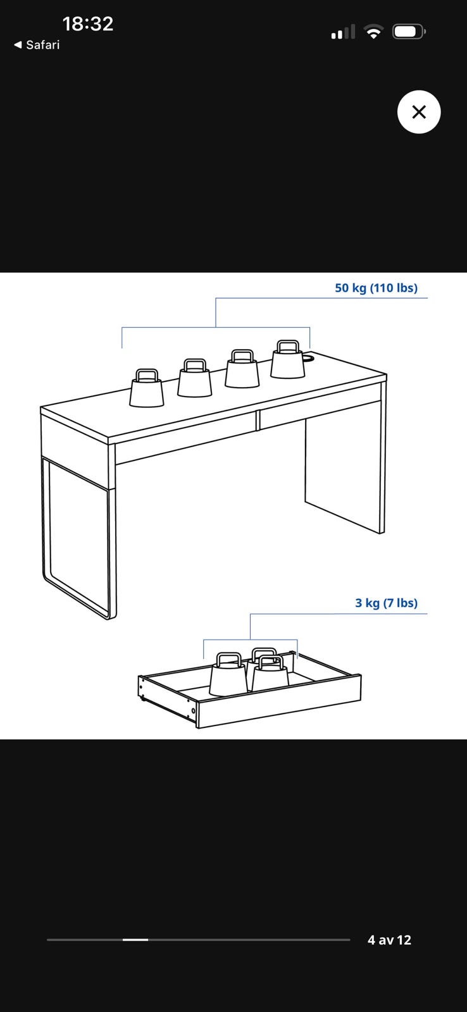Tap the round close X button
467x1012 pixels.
tap(419, 111)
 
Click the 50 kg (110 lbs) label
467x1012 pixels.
tap(376, 288)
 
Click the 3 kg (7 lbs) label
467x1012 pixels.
tap(386, 603)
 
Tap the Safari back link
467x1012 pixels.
tap(37, 45)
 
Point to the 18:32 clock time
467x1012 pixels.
tap(88, 23)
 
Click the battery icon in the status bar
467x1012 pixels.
tap(409, 32)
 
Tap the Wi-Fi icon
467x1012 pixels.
tap(373, 32)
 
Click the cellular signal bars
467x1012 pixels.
tap(343, 32)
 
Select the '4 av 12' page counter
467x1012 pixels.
tap(389, 940)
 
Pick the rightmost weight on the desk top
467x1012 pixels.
tap(287, 360)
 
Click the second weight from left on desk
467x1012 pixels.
tap(194, 378)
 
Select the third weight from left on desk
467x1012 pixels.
tap(242, 369)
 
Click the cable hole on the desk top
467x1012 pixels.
tap(308, 357)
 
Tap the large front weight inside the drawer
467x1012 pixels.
tap(228, 674)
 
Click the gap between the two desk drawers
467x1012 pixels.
tap(258, 420)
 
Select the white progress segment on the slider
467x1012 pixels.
tap(135, 940)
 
